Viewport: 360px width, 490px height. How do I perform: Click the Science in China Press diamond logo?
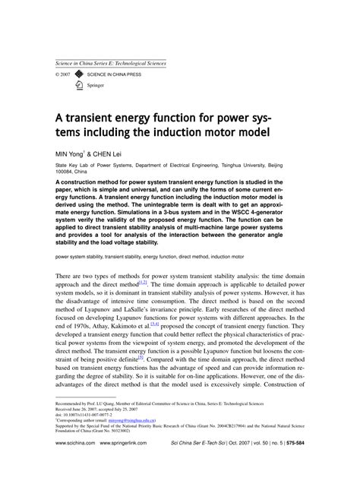79,75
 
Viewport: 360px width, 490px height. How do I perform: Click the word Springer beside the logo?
96,86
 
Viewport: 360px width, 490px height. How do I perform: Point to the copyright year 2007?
65,75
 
